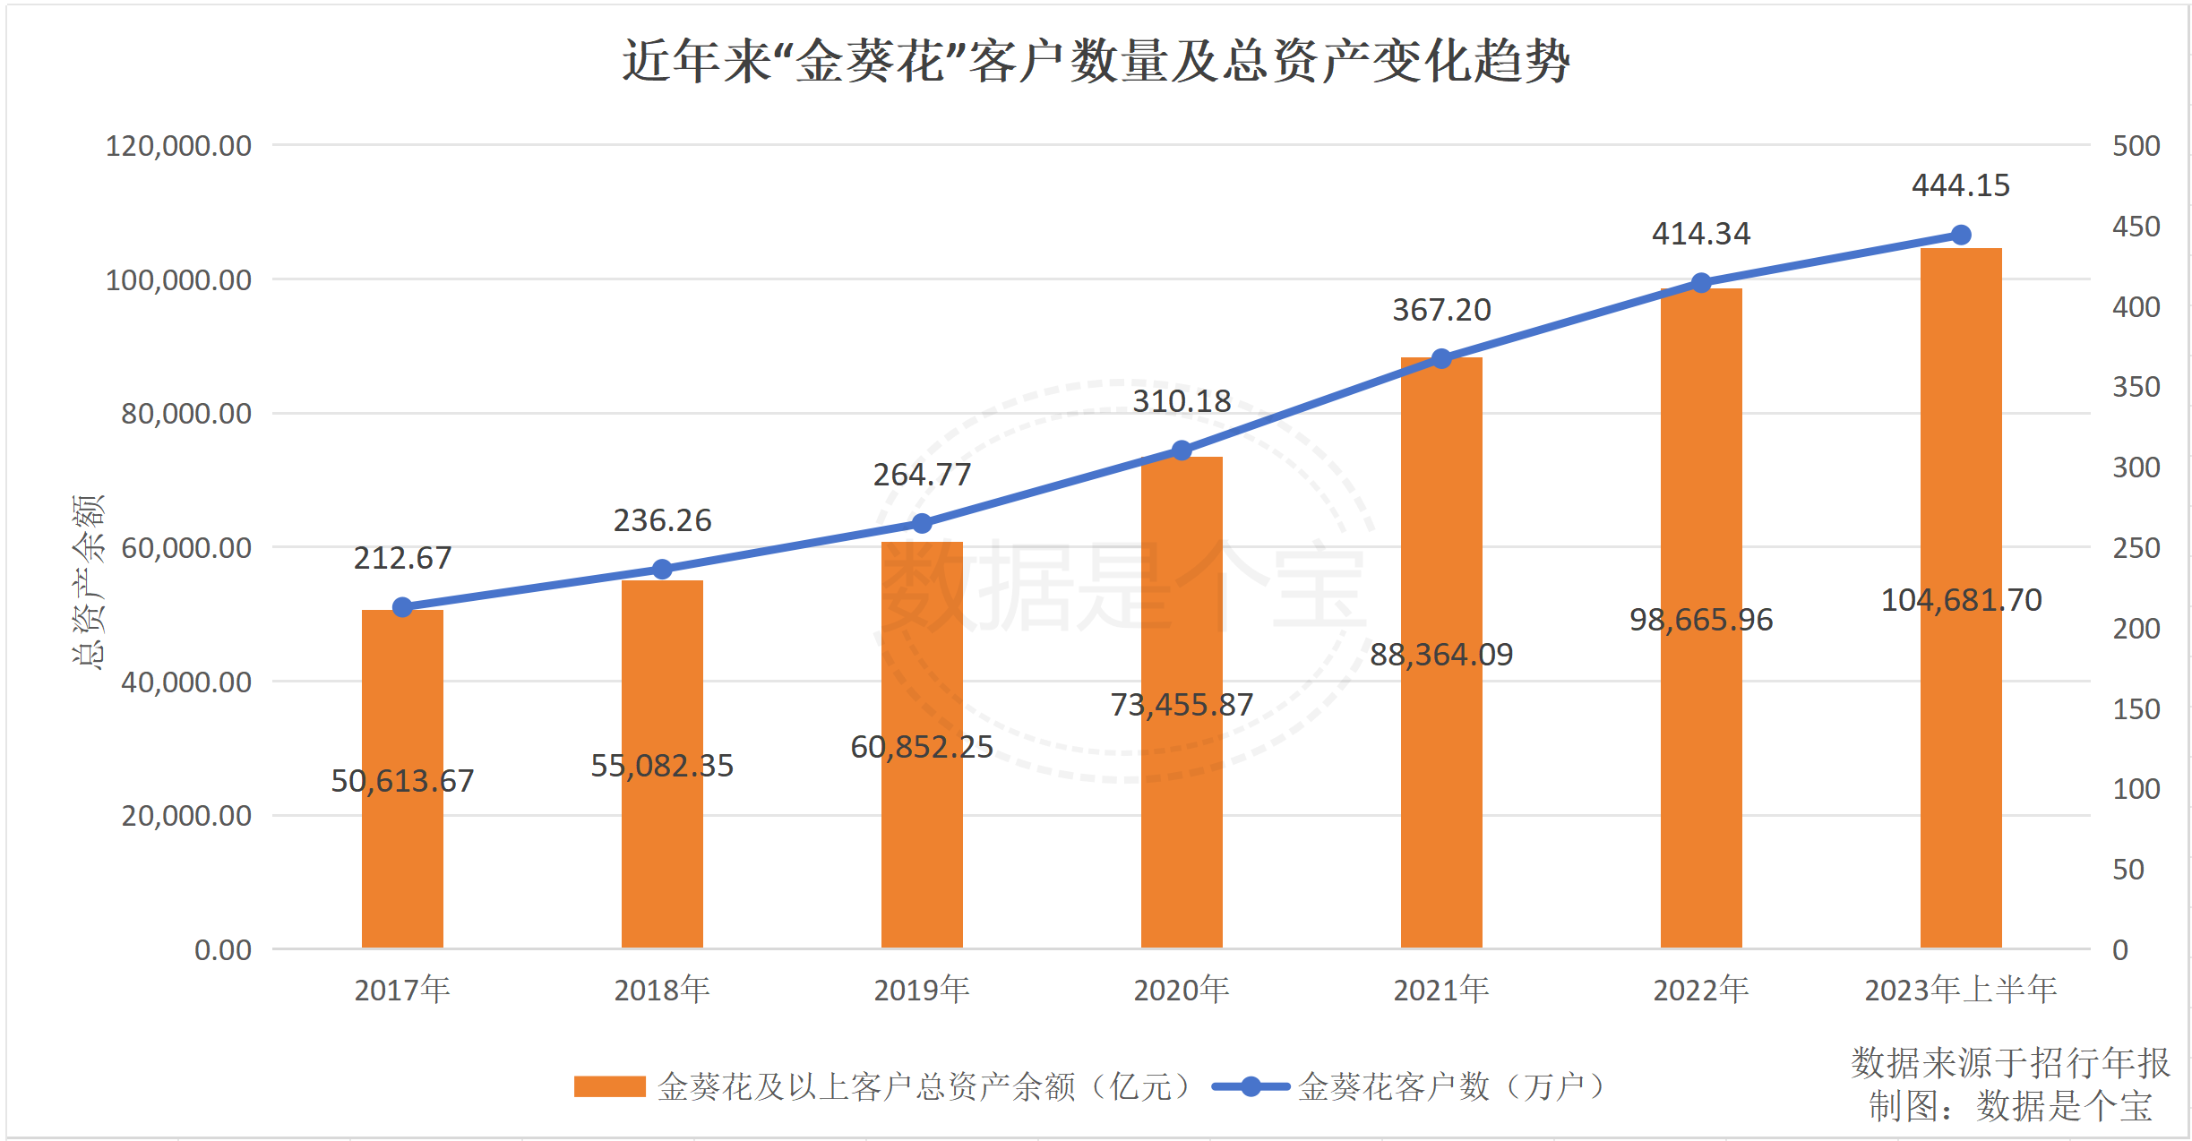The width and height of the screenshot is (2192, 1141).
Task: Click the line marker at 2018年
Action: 662,570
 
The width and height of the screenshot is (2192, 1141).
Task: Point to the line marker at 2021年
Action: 1441,359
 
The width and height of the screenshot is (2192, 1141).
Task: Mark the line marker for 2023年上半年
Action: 1961,235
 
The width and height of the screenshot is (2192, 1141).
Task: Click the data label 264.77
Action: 922,475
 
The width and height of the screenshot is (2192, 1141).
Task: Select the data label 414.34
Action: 1700,234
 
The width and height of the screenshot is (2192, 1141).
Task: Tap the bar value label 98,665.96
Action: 1700,620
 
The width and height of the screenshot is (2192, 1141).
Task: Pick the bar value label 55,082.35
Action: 662,766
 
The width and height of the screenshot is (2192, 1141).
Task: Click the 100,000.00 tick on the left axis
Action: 178,280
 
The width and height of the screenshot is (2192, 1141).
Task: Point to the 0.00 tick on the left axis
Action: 223,950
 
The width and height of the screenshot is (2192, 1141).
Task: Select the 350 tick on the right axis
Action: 2136,387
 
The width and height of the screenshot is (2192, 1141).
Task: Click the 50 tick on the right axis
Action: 2128,870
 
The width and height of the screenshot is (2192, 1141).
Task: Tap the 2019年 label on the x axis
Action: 922,990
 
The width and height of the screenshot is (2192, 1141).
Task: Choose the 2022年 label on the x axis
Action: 1700,990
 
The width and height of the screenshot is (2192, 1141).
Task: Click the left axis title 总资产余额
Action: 88,582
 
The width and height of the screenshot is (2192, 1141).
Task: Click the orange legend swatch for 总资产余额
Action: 609,1086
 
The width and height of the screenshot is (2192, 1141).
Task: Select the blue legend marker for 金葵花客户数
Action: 1251,1086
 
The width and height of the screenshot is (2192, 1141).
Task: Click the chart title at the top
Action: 1096,61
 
